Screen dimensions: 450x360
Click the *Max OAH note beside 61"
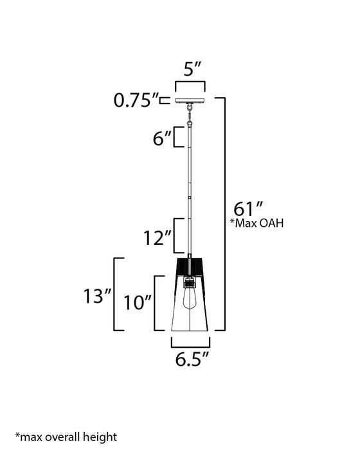point(256,224)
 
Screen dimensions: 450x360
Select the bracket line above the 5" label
point(190,83)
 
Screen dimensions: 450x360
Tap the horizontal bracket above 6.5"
point(190,342)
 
